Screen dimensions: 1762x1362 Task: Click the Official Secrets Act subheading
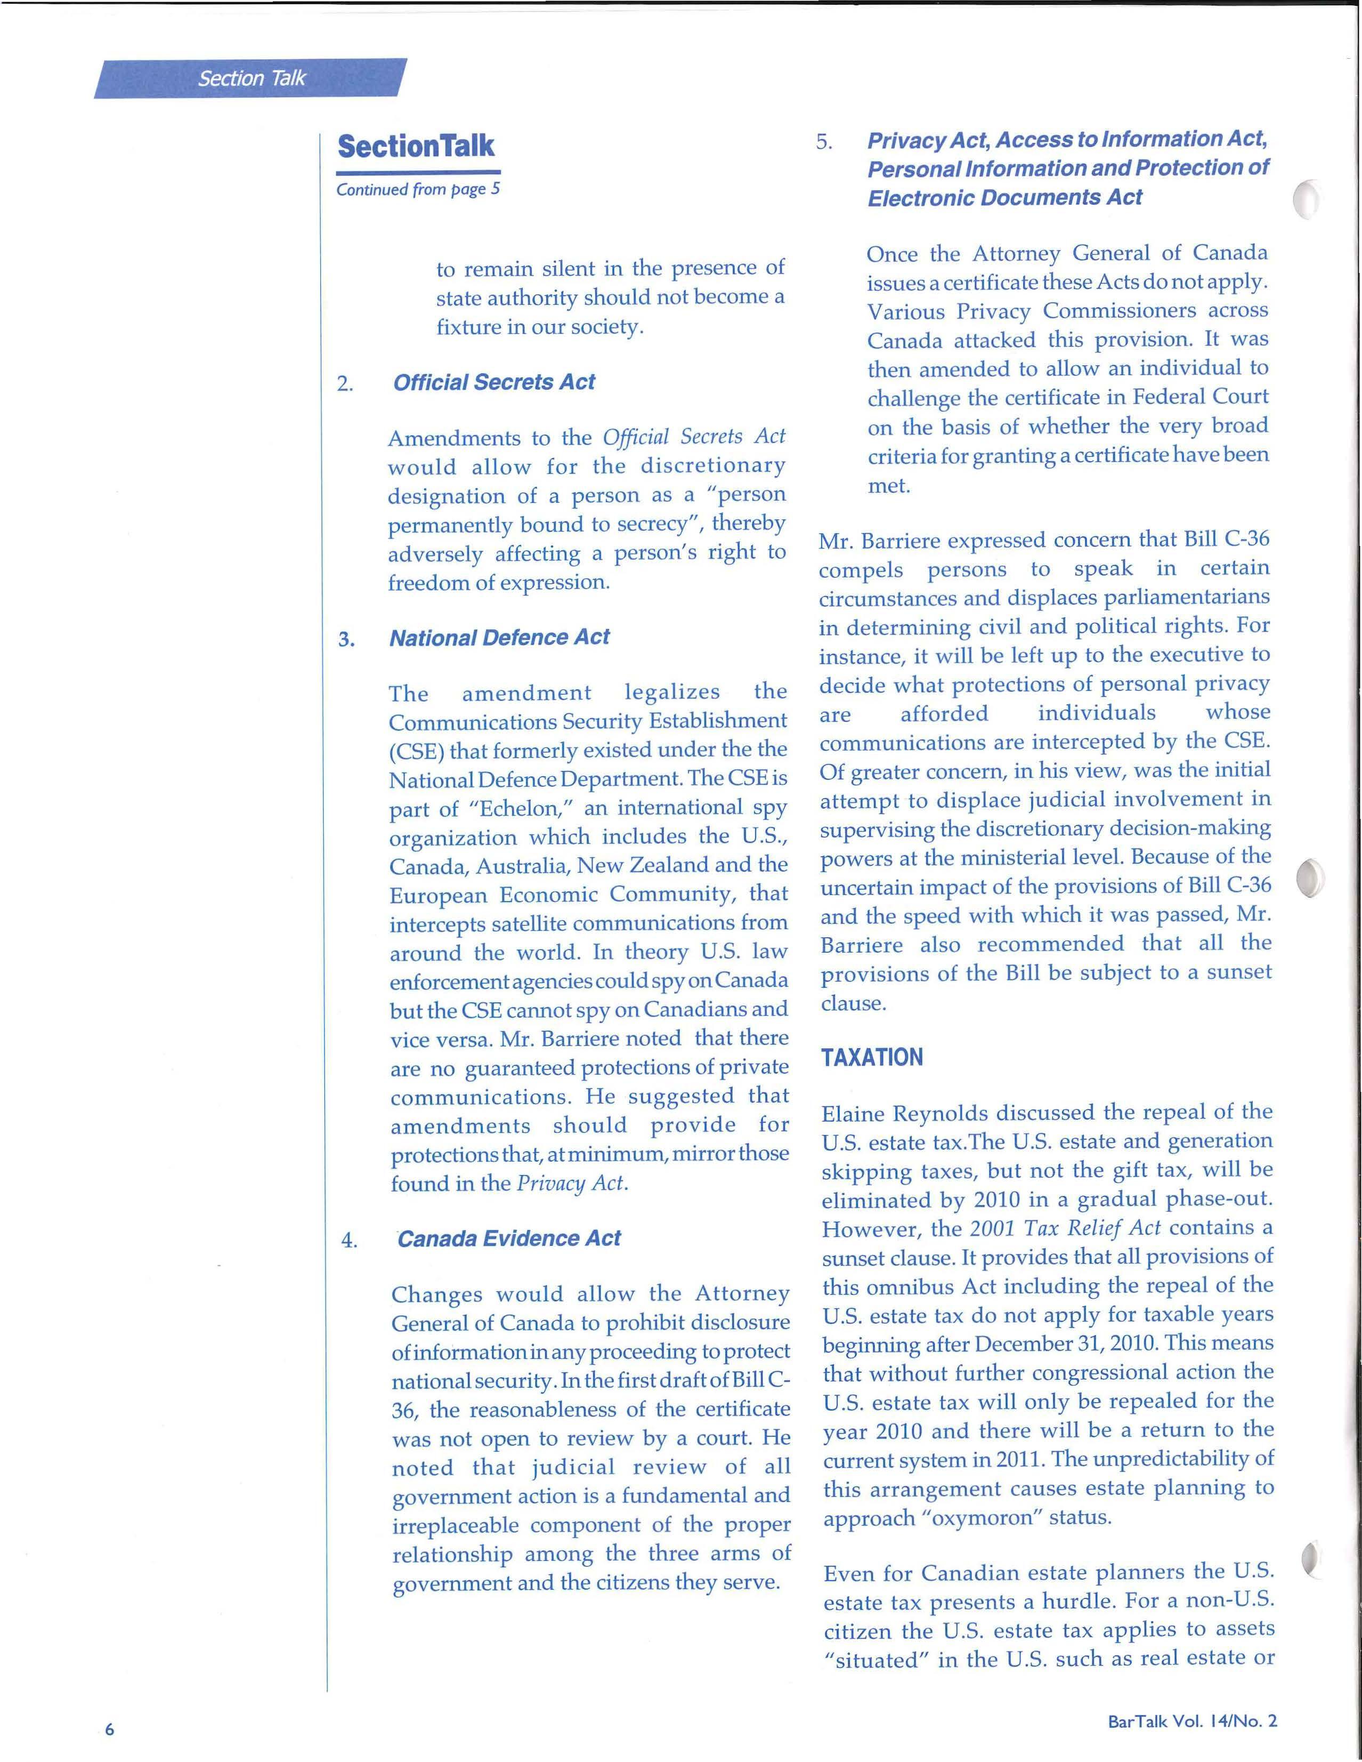493,382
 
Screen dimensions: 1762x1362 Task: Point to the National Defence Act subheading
499,637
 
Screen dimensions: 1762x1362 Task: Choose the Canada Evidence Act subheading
509,1238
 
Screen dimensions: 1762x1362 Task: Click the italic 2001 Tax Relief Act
1065,1228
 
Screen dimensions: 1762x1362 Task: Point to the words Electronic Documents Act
1005,198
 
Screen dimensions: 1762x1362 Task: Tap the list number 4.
348,1241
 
